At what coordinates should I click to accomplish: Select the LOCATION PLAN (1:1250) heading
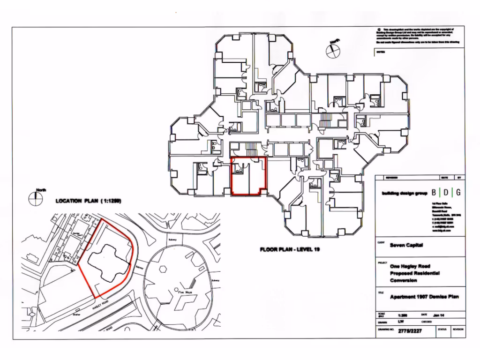(x=89, y=201)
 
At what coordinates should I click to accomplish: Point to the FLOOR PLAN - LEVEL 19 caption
(x=290, y=249)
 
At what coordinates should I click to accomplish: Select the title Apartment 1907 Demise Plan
(x=424, y=297)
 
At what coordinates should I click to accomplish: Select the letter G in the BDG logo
(x=457, y=192)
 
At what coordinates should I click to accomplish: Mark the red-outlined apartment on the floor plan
(x=249, y=177)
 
